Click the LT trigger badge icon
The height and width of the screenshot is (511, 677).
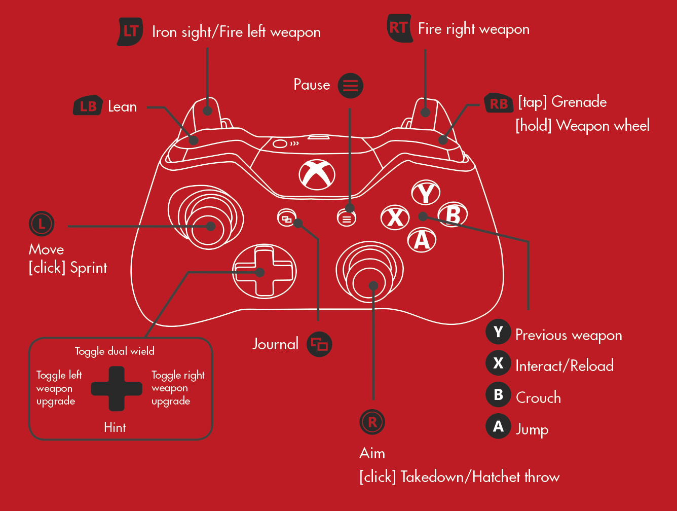tap(130, 32)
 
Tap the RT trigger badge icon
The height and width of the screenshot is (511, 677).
tap(400, 28)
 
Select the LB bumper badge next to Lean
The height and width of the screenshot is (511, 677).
tap(88, 105)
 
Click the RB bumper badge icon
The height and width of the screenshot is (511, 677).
tap(499, 103)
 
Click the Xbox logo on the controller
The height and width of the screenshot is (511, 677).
tap(317, 175)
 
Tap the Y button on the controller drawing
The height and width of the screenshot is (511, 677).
tap(426, 193)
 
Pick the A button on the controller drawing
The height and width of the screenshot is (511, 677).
tap(422, 240)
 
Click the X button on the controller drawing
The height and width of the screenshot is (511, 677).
tap(395, 217)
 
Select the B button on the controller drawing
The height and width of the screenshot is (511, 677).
tap(453, 214)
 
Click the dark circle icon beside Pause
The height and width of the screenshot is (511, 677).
tap(350, 86)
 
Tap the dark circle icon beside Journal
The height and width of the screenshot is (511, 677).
tap(319, 344)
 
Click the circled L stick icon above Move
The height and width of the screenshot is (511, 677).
tap(42, 224)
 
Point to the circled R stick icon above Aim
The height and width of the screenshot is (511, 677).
tap(372, 422)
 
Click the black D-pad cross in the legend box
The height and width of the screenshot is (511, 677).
tap(117, 389)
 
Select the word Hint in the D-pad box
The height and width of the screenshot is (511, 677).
tap(115, 428)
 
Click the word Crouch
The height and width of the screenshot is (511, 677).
tap(539, 398)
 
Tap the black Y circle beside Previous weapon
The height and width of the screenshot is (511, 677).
tap(499, 332)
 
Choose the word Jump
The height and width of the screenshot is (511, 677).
tap(533, 430)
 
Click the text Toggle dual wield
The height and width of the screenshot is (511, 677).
tap(115, 351)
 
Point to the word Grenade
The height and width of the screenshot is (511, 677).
tap(579, 102)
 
